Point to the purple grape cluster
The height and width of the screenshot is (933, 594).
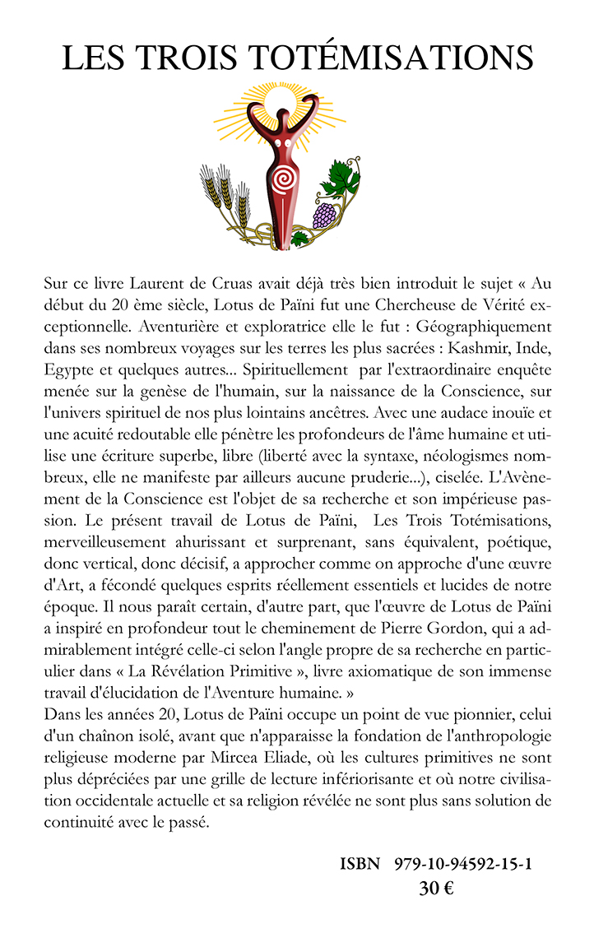click(325, 216)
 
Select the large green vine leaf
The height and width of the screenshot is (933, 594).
click(339, 177)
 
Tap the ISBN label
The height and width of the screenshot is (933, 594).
click(360, 865)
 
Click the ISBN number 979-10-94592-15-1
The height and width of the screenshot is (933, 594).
click(462, 865)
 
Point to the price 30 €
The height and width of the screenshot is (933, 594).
click(437, 889)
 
